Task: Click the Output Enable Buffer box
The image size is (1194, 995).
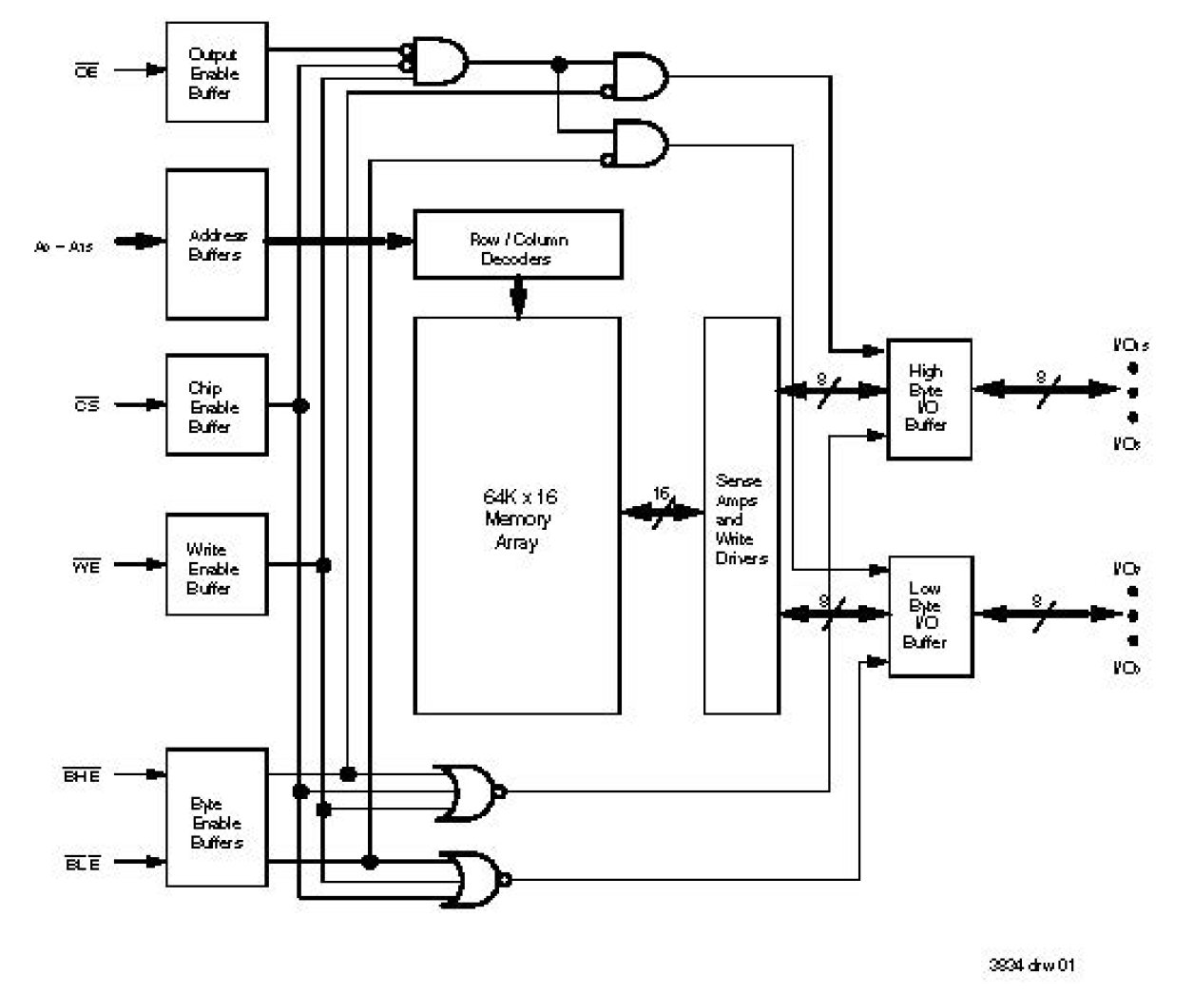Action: point(216,72)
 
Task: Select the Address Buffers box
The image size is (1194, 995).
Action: point(216,244)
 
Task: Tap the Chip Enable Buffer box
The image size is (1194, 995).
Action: point(216,406)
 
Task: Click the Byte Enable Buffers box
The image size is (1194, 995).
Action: point(216,819)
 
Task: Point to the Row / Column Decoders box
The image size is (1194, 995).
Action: point(518,245)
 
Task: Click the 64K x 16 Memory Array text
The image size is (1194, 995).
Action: point(518,519)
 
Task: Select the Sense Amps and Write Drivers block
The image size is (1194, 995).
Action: point(741,517)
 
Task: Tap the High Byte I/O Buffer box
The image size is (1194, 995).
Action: point(928,399)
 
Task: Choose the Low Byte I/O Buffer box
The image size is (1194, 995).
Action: point(929,615)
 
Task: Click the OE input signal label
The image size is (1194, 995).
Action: point(86,70)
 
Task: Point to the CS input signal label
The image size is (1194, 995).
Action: point(86,405)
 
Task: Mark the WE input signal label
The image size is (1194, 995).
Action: point(86,567)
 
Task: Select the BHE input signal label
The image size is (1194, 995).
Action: point(82,775)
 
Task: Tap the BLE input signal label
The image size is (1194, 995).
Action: point(82,864)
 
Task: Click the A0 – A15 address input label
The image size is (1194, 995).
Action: point(64,246)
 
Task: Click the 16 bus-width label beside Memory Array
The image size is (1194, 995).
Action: point(661,494)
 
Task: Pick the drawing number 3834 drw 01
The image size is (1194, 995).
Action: point(1031,965)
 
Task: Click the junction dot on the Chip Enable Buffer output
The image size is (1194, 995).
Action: point(300,406)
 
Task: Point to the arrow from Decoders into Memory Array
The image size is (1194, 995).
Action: point(518,298)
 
